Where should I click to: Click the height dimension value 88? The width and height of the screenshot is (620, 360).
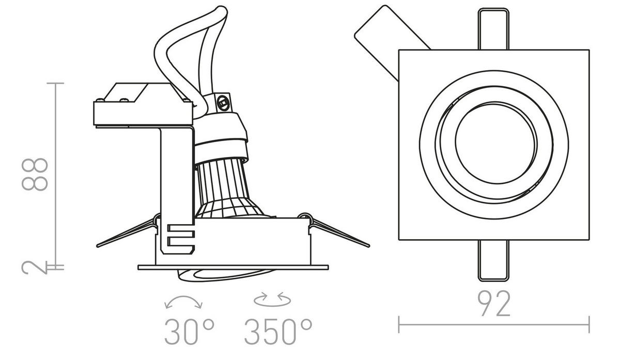point(36,175)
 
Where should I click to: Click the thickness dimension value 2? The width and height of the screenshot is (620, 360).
point(36,267)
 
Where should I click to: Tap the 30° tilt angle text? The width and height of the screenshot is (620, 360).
point(189,332)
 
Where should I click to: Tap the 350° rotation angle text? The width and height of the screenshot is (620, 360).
point(278,332)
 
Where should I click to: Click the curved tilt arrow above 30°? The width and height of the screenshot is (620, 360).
point(183,303)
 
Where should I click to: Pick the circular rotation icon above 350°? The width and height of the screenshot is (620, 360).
point(272,298)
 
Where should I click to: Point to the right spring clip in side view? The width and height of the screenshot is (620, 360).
point(338,233)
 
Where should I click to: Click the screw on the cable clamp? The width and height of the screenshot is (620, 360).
point(224,101)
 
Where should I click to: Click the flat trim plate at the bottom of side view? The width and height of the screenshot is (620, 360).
point(233,267)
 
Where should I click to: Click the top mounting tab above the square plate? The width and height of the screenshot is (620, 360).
point(493,29)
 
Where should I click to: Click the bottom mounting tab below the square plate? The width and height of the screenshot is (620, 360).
point(493,261)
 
